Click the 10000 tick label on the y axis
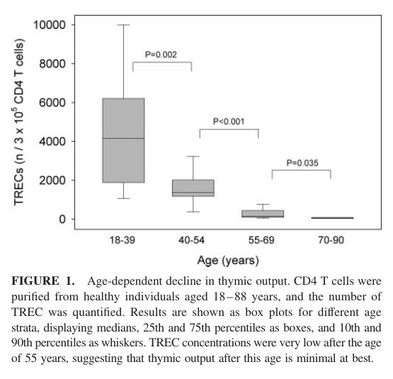[x=50, y=25]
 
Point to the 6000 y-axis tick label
[x=52, y=103]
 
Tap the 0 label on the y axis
[x=62, y=219]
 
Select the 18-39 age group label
[x=123, y=240]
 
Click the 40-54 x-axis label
[x=192, y=240]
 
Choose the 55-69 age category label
[x=261, y=240]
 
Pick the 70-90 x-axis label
[x=331, y=240]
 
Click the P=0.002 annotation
[x=161, y=55]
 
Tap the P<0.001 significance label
[x=229, y=121]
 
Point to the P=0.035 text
[x=302, y=163]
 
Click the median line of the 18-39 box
[x=123, y=138]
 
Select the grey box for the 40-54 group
[x=193, y=188]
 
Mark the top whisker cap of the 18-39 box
[x=123, y=25]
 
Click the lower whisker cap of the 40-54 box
[x=193, y=212]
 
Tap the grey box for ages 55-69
[x=263, y=214]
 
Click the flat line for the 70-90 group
[x=332, y=218]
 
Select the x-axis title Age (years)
[x=228, y=261]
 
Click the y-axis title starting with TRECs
[x=19, y=122]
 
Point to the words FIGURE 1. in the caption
[x=43, y=281]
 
